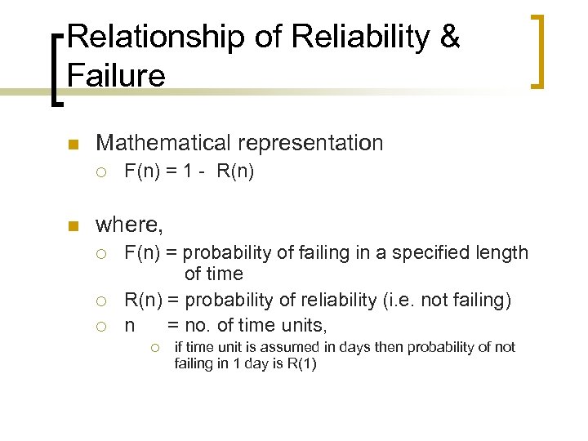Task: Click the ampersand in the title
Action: (449, 38)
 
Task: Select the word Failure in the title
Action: (117, 76)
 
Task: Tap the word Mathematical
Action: (163, 143)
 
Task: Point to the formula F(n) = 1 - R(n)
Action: (189, 172)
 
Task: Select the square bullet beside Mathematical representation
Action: (72, 145)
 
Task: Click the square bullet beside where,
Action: (72, 225)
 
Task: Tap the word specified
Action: (429, 253)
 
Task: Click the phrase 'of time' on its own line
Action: (213, 274)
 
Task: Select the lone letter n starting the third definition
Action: (129, 326)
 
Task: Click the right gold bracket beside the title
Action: (538, 51)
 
